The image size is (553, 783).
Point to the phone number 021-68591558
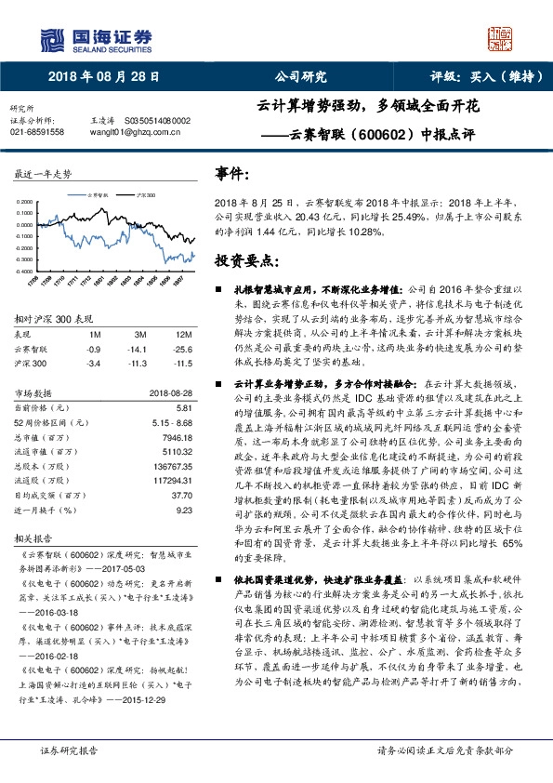pyautogui.click(x=37, y=133)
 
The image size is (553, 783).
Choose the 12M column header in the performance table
pyautogui.click(x=183, y=333)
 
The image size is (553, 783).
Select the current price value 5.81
pyautogui.click(x=183, y=407)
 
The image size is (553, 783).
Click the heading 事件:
pyautogui.click(x=230, y=173)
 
